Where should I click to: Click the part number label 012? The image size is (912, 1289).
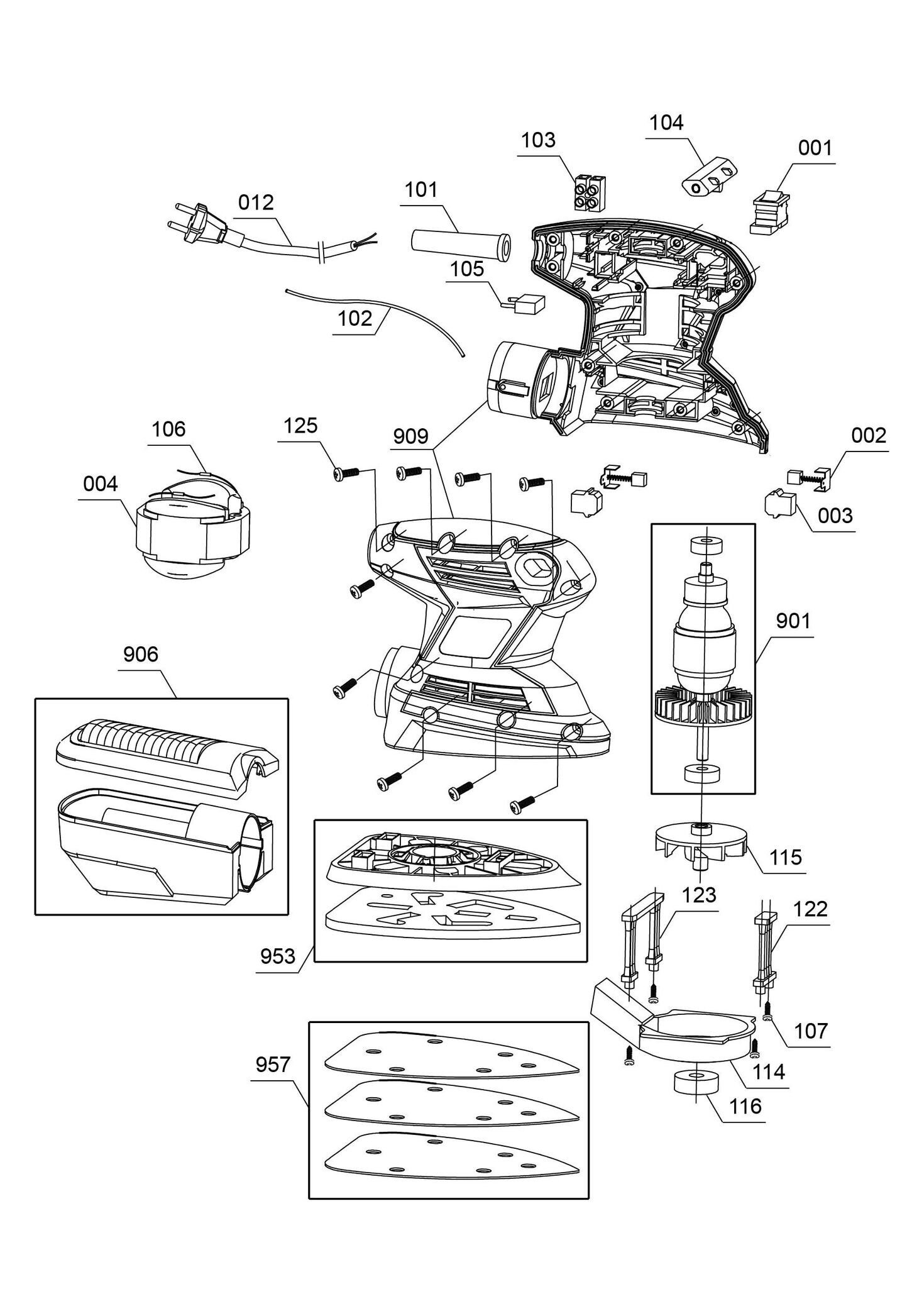tap(256, 202)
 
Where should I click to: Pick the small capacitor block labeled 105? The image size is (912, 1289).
tap(523, 305)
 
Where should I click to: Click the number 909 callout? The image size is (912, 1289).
tap(410, 436)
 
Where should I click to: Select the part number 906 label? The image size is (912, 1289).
tap(141, 655)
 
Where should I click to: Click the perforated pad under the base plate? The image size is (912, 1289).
tap(453, 919)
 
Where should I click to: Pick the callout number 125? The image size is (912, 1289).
tap(300, 426)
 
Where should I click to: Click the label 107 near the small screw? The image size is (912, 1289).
tap(810, 1031)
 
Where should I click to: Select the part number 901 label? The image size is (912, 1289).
tap(793, 621)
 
